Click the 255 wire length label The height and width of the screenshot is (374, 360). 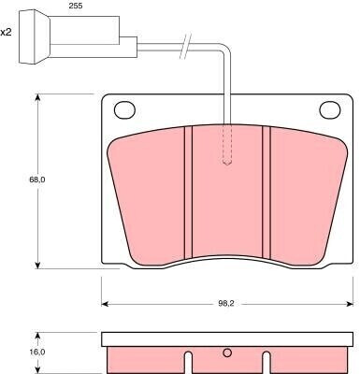pos(76,6)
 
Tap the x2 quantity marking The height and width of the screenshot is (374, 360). pos(6,32)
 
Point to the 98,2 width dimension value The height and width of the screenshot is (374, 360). pos(226,304)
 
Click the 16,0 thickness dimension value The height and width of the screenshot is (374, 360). pos(37,352)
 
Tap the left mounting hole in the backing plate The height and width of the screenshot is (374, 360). pos(124,109)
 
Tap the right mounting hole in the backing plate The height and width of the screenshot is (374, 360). pos(330,109)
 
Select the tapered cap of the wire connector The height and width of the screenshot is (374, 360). pos(35,37)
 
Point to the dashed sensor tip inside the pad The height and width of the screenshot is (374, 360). pos(227,144)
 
